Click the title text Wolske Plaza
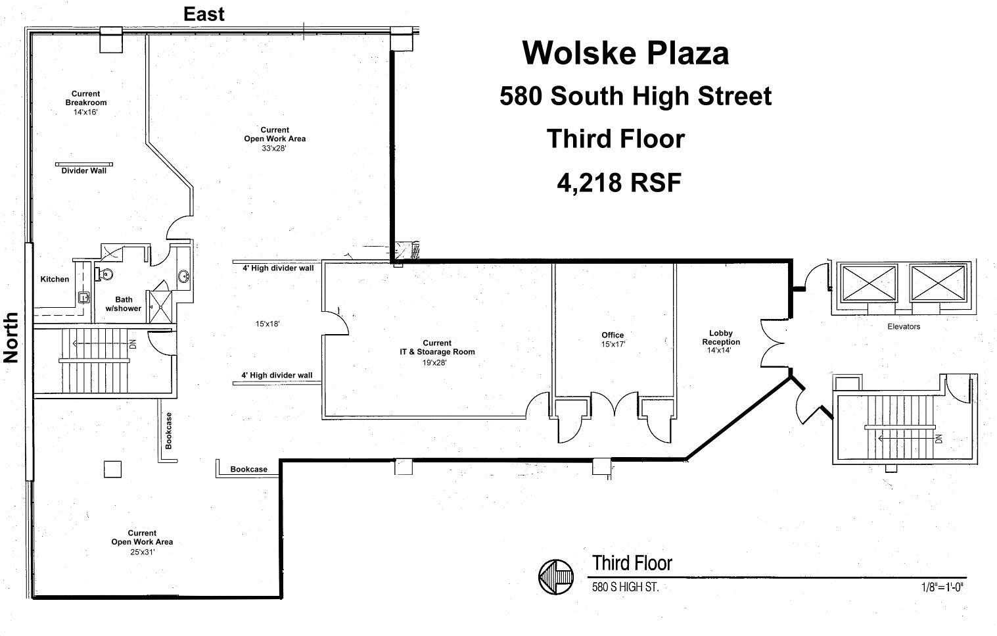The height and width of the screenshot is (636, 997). [x=625, y=53]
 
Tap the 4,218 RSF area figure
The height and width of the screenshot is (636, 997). [x=618, y=182]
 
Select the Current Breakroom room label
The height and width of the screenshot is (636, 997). [x=86, y=98]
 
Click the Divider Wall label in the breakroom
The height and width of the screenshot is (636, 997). [x=83, y=171]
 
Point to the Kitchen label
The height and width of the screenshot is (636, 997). [x=55, y=280]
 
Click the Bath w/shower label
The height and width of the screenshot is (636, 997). [x=124, y=304]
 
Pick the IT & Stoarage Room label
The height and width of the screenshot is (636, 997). [x=437, y=347]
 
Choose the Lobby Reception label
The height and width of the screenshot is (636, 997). [x=721, y=337]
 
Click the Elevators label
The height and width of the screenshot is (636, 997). [x=904, y=327]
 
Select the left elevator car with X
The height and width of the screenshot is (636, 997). [x=869, y=283]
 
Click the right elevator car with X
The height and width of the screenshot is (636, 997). [x=938, y=283]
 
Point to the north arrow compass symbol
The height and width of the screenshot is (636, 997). [x=556, y=577]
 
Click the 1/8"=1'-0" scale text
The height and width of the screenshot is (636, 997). [x=942, y=587]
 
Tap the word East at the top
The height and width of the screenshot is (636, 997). [x=204, y=14]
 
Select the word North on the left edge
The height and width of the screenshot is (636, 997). [x=11, y=337]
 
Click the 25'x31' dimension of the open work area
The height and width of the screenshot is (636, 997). [x=142, y=552]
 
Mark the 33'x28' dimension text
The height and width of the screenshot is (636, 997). [x=274, y=148]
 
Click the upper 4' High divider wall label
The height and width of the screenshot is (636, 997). [x=278, y=268]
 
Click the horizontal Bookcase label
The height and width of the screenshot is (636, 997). [x=248, y=470]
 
